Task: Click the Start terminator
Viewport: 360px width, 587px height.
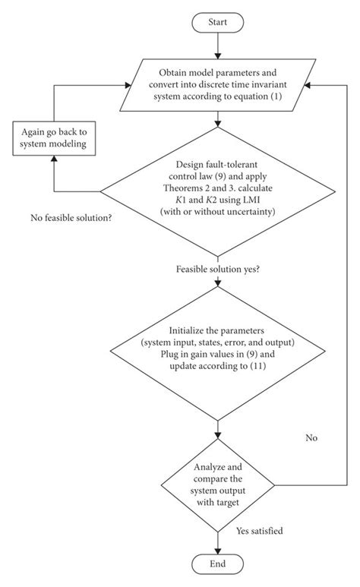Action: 218,22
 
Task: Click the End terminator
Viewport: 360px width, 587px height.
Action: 218,563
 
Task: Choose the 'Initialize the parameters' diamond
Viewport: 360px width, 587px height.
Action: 218,356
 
